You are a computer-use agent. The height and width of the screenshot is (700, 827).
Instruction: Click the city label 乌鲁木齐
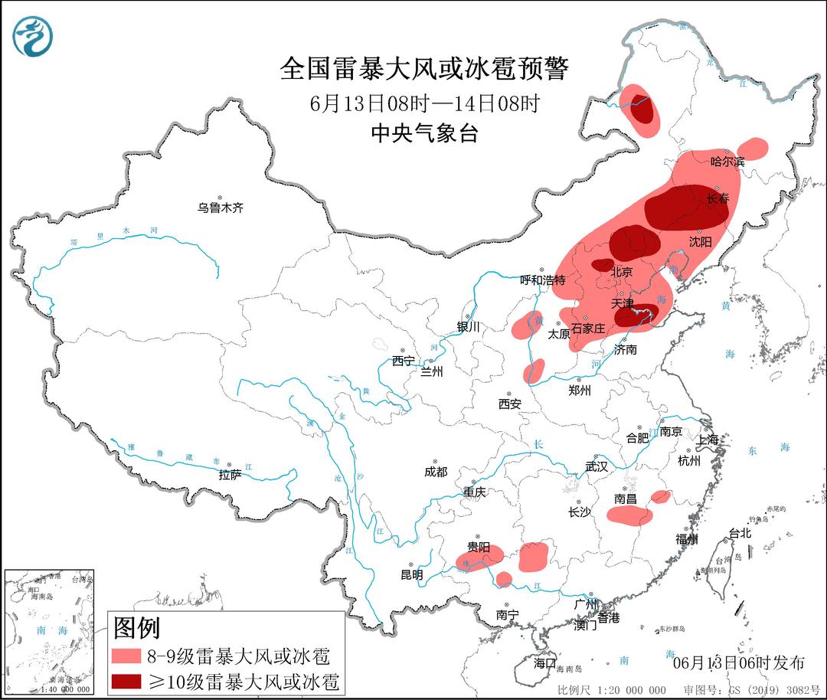click(220, 208)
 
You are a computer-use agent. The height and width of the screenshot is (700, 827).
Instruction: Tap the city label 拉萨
click(230, 475)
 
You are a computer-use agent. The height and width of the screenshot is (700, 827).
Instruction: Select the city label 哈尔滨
click(727, 162)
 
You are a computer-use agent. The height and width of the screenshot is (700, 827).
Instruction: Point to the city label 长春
click(717, 199)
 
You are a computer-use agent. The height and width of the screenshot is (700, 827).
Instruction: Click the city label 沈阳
click(700, 241)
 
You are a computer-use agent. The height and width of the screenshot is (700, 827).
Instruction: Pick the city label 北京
click(621, 272)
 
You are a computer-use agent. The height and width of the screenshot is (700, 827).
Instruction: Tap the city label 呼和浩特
click(542, 280)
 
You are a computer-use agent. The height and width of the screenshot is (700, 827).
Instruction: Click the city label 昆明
click(410, 574)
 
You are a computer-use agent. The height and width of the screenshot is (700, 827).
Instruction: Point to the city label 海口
click(544, 662)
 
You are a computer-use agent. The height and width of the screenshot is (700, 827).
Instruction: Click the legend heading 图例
click(136, 628)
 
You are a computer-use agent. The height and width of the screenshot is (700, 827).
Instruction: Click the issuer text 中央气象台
click(424, 133)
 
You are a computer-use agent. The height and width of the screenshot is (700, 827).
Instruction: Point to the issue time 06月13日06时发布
click(738, 662)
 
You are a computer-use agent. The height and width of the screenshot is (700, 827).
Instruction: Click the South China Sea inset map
click(49, 632)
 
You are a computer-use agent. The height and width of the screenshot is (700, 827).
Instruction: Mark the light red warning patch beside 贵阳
click(480, 558)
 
